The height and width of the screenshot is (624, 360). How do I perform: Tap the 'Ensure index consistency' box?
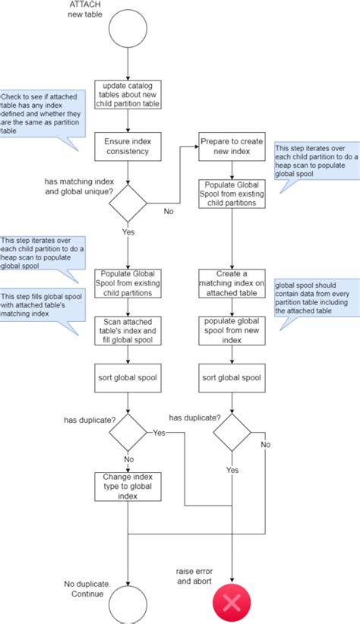(x=128, y=146)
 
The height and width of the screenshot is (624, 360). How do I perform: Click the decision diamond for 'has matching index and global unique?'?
(x=128, y=202)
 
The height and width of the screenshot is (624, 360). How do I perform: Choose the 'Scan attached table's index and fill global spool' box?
(x=128, y=330)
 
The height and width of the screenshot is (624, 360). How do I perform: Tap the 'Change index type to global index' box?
(x=128, y=486)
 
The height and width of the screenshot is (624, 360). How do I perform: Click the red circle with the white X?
(x=231, y=604)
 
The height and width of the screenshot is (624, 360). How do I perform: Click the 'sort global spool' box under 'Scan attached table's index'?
(x=128, y=377)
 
